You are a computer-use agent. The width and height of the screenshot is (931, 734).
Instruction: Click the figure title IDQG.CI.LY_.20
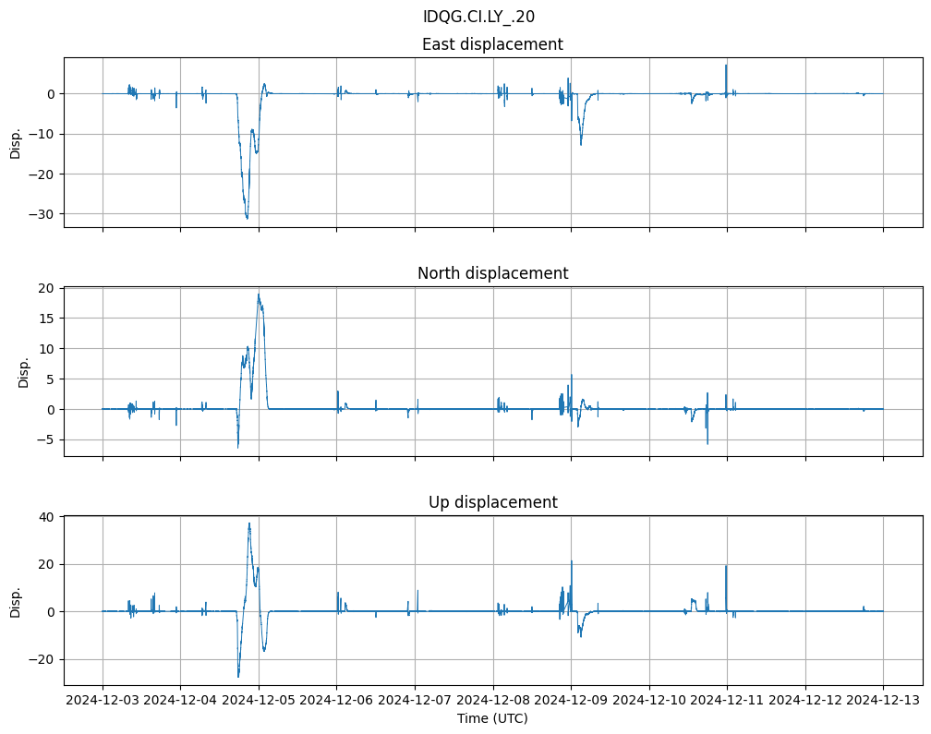coord(478,17)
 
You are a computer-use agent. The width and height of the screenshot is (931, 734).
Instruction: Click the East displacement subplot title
coord(492,44)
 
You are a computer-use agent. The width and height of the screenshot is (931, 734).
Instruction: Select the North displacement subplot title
coord(492,273)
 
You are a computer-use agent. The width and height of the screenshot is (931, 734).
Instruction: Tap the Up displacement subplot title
coord(492,502)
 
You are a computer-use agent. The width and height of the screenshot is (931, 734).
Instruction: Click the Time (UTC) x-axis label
coord(492,717)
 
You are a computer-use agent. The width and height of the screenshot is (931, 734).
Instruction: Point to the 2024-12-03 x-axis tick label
coord(103,701)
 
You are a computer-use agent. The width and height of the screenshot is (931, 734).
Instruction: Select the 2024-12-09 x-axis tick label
coord(571,701)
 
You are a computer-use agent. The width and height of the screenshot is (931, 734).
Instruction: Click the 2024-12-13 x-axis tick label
coord(883,701)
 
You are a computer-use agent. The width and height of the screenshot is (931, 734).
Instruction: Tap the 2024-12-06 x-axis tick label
coord(336,701)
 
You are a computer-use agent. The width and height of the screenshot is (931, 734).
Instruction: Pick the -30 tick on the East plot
coord(45,213)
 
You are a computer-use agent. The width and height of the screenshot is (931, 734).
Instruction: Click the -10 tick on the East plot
coord(45,134)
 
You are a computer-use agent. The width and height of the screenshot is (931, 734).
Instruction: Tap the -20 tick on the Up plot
coord(43,659)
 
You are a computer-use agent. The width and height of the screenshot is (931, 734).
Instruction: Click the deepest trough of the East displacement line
coord(247,218)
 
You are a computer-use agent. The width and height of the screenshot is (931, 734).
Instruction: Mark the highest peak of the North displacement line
coord(259,294)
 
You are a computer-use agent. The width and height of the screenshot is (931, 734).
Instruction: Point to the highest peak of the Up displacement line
coord(248,523)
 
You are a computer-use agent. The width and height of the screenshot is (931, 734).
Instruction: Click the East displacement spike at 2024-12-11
coord(726,65)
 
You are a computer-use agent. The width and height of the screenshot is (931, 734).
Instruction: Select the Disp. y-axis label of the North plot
coord(24,371)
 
